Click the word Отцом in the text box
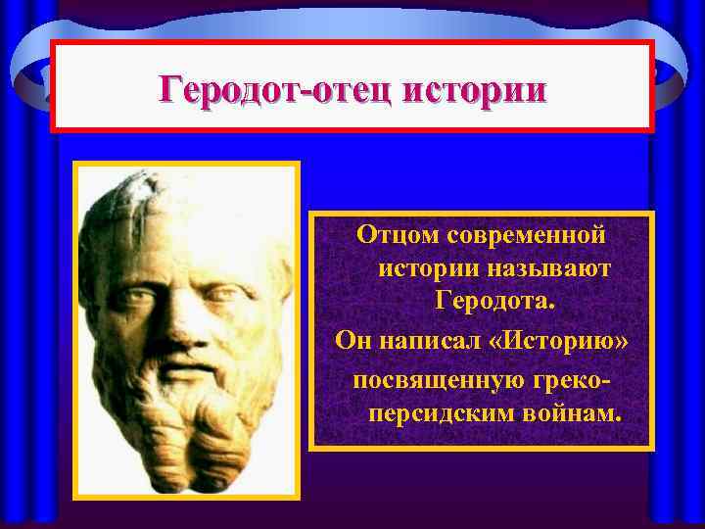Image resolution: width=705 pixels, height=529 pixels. click(397, 236)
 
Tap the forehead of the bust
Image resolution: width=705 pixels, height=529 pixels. click(186, 240)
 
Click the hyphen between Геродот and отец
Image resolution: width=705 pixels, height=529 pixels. click(305, 93)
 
